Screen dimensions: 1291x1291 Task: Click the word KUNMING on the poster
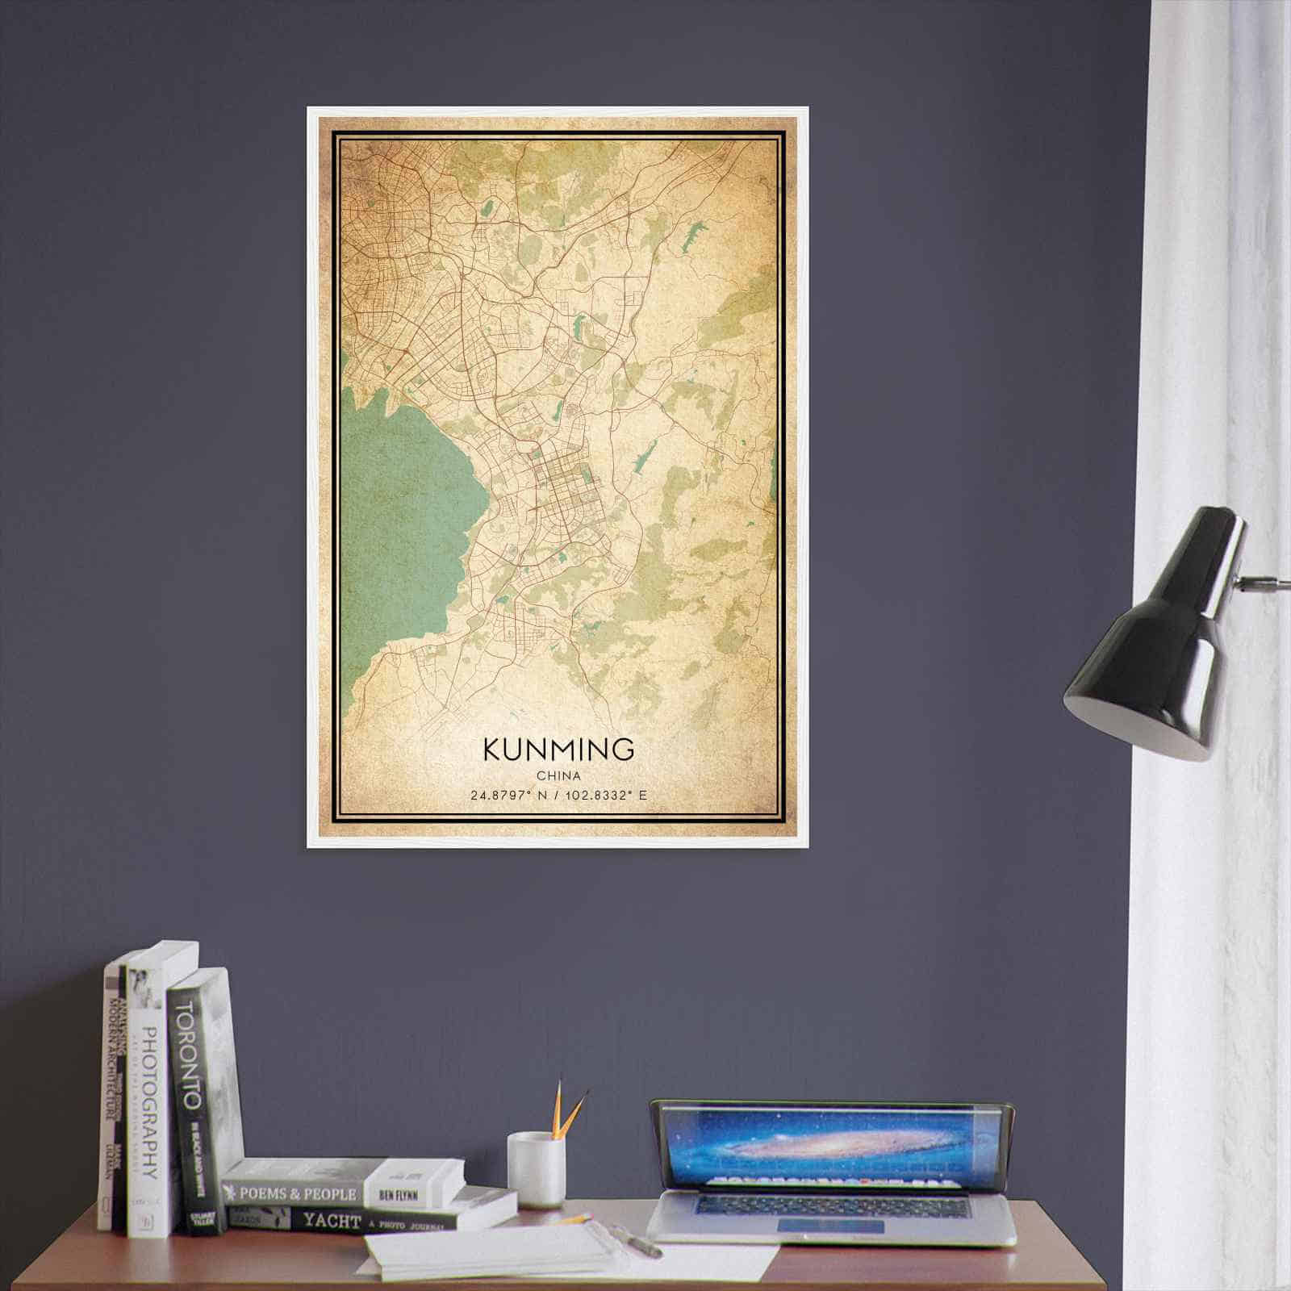coord(558,749)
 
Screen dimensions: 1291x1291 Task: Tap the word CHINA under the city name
coord(558,775)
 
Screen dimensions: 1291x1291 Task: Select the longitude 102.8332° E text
coord(607,796)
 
